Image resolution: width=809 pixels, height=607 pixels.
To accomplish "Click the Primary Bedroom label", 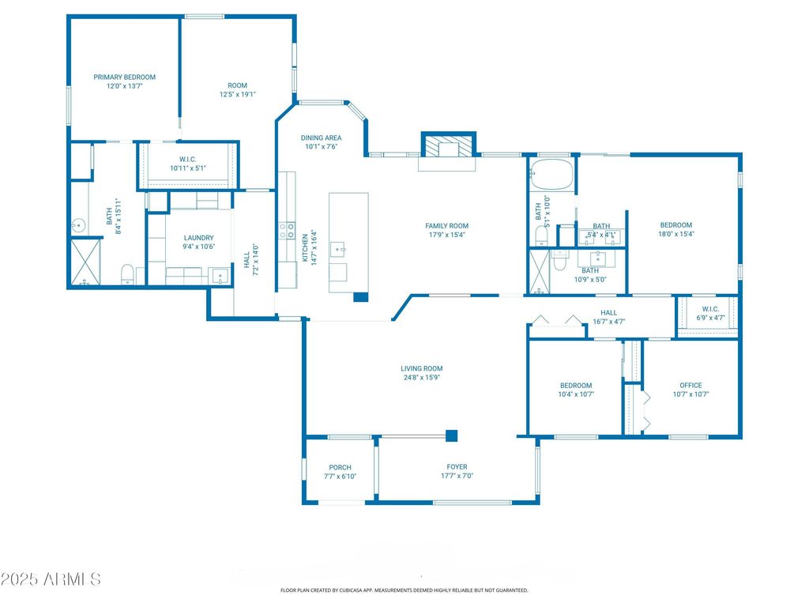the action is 124,77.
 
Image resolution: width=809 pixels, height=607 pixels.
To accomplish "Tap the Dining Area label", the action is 321,138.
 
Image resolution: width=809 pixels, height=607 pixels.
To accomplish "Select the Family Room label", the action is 447,225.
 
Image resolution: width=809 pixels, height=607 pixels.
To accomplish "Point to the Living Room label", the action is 422,368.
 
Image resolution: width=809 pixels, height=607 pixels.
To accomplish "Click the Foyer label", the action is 457,466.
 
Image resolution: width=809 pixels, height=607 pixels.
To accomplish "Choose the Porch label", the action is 340,467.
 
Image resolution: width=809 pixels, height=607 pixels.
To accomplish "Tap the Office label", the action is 690,385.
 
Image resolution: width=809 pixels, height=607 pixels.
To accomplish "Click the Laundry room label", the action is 198,238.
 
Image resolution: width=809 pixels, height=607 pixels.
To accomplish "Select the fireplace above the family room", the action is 448,145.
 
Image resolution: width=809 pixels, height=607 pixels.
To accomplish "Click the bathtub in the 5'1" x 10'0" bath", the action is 551,175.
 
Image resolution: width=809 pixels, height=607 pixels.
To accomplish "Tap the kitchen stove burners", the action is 287,231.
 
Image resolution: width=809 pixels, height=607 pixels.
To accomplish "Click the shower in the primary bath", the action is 85,262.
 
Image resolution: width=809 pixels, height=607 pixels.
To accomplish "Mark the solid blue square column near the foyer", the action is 451,435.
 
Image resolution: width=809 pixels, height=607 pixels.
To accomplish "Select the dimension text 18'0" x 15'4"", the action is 676,234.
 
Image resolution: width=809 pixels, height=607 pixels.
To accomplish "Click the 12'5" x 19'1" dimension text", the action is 237,95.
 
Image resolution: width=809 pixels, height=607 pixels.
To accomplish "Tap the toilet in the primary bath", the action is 127,274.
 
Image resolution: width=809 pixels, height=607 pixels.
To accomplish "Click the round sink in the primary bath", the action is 79,225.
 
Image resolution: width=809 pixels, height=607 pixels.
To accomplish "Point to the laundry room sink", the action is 220,276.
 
